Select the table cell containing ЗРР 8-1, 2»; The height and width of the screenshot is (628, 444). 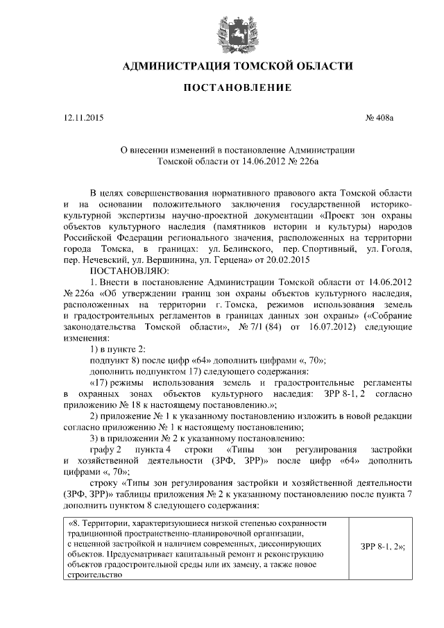[x=382, y=545]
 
